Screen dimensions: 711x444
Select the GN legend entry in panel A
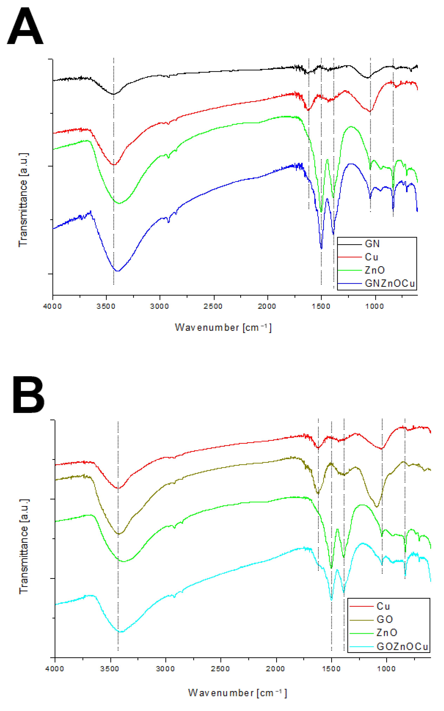tap(372, 244)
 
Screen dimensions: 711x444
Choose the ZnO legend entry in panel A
tap(375, 270)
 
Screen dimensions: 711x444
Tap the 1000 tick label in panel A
tap(375, 306)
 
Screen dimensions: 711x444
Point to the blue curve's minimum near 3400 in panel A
tap(117, 271)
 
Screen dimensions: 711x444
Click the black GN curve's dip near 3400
tap(114, 94)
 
